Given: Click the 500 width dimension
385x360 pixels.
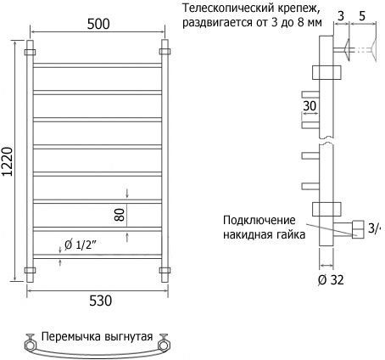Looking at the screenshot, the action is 98,24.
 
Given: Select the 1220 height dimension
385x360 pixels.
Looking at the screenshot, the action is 8,161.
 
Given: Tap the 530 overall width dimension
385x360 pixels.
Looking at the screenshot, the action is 100,301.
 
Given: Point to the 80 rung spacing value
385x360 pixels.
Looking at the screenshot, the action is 120,215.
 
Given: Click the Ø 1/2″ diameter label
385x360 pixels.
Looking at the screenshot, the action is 81,245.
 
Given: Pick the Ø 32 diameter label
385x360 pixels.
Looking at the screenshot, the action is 331,280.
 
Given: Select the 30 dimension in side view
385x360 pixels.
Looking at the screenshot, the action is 310,106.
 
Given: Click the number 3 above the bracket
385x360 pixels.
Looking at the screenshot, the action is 341,16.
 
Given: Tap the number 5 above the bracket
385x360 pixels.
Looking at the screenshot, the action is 362,16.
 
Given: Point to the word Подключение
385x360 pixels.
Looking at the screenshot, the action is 259,220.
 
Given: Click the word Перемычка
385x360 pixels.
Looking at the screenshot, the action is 70,337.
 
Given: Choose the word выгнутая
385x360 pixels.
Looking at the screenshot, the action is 129,337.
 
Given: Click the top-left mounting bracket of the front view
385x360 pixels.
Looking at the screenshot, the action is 30,53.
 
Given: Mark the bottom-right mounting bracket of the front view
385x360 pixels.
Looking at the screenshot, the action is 165,270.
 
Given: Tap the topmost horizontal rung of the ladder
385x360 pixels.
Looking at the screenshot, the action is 98,65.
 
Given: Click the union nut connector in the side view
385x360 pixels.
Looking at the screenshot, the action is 358,229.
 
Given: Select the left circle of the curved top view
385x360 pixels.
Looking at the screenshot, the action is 29,345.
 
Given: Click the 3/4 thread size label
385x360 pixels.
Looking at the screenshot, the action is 375,228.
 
